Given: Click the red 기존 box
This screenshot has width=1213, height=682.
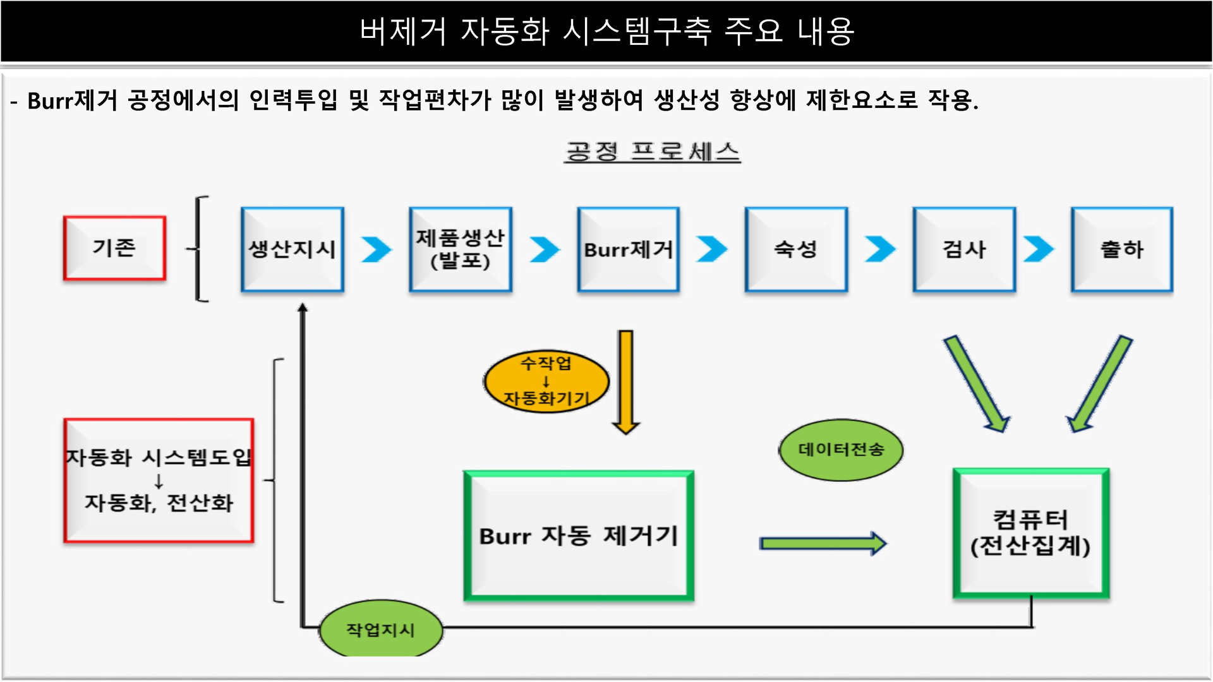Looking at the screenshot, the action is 114,248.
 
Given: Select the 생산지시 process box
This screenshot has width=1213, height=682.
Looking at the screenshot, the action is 293,249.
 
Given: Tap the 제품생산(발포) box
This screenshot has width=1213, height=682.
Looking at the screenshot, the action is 460,249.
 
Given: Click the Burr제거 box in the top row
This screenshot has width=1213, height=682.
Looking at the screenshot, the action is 629,249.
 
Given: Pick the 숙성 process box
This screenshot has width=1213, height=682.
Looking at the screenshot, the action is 796,249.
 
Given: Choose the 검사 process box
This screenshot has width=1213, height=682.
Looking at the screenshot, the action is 964,249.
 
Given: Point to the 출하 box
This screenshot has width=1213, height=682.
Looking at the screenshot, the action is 1122,249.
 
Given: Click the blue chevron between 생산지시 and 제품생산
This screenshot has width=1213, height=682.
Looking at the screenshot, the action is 377,249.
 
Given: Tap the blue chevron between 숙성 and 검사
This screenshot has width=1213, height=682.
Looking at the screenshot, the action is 880,249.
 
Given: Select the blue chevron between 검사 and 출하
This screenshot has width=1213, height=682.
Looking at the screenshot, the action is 1039,249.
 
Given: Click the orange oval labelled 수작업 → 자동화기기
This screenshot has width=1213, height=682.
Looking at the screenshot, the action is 546,381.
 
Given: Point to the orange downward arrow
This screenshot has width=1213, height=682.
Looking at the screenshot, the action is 625,382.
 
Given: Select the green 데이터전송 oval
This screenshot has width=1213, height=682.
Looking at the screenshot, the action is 841,450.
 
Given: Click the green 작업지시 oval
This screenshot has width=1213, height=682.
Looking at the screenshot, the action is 380,629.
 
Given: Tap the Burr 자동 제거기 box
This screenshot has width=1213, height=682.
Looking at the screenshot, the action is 579,535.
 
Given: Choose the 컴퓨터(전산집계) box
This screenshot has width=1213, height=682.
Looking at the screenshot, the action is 1031,532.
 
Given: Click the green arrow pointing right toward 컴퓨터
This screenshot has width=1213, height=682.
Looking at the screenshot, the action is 823,543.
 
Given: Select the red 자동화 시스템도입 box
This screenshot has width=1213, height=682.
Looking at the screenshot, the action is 159,481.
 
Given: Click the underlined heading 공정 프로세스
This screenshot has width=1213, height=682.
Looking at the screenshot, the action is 653,152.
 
